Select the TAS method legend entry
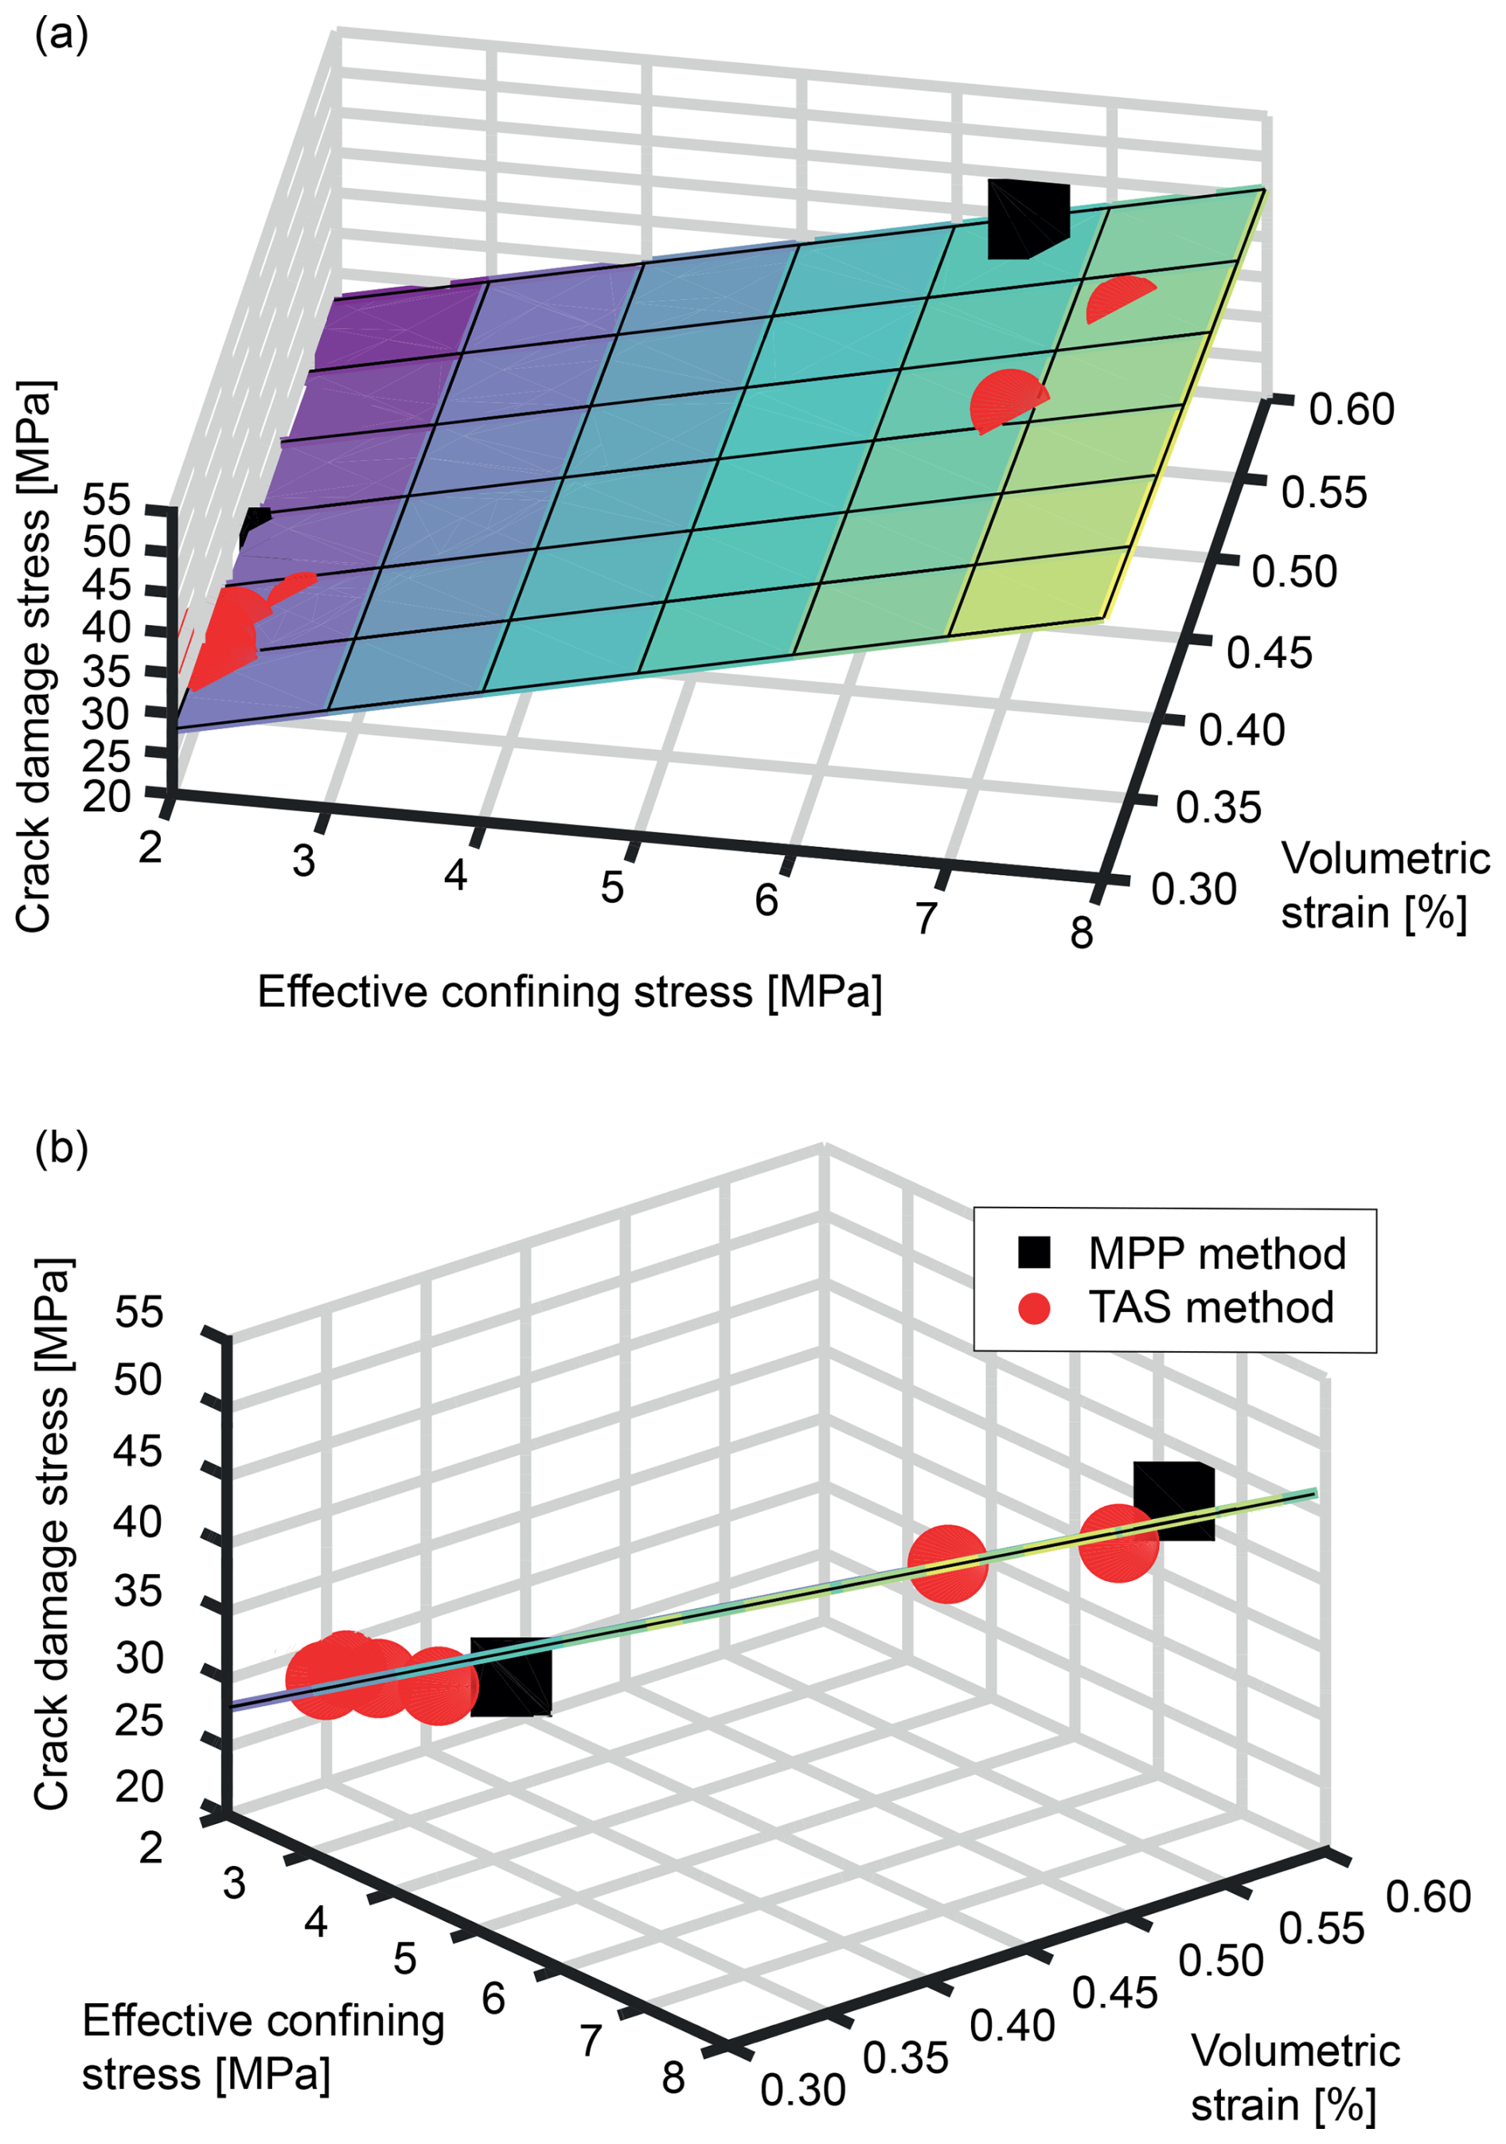click(x=1210, y=1307)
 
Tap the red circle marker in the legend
click(x=1033, y=1307)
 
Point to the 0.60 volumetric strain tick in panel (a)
click(x=1351, y=409)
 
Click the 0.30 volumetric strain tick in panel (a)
click(x=1193, y=890)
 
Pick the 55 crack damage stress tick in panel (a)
click(x=107, y=502)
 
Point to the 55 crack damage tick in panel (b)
click(x=139, y=1313)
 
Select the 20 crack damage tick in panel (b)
click(x=139, y=1787)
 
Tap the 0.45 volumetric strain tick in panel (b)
click(x=1114, y=1994)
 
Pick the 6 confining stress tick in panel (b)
click(x=493, y=1998)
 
